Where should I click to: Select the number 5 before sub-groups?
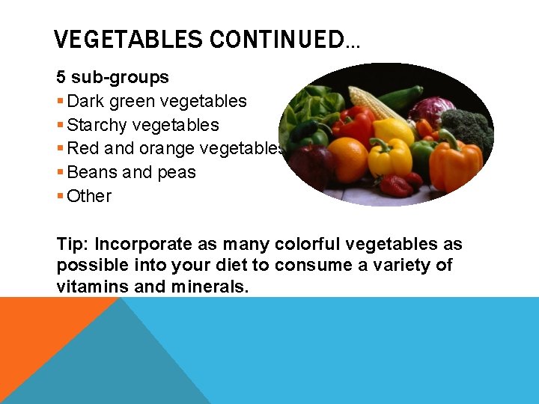tap(61, 77)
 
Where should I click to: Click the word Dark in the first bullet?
tap(83, 101)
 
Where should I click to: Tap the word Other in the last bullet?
tap(89, 197)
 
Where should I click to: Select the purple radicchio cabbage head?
tap(432, 110)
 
